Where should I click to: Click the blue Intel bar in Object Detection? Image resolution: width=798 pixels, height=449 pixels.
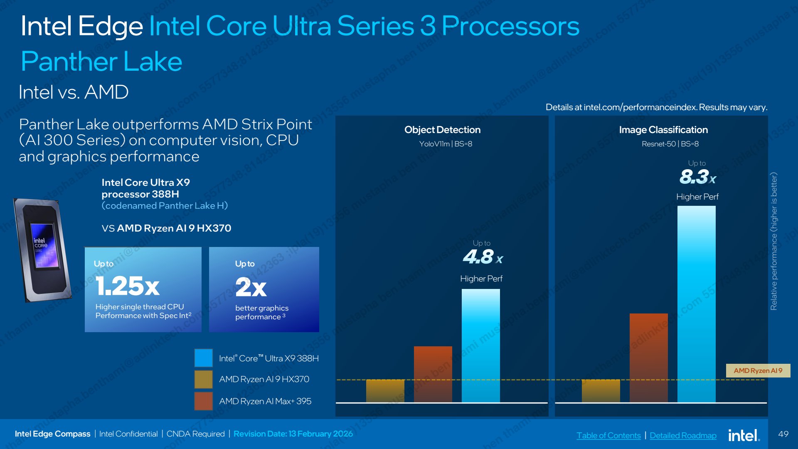[x=481, y=346]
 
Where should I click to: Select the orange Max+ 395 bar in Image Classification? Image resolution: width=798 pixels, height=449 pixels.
[x=649, y=358]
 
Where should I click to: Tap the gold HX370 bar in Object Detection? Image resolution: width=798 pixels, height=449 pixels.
[x=385, y=391]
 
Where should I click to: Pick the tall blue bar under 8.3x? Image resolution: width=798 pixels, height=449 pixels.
[x=697, y=304]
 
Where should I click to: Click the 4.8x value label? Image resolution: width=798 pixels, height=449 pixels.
[x=483, y=257]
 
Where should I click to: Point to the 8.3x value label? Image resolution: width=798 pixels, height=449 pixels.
[x=698, y=177]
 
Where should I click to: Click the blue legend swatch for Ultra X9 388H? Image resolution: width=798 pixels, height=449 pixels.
[x=204, y=358]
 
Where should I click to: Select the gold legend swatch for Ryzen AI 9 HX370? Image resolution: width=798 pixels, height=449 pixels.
[x=204, y=379]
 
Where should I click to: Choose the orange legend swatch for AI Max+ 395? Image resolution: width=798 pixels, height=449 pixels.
[x=204, y=401]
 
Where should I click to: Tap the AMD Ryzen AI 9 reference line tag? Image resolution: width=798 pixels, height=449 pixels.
[x=758, y=370]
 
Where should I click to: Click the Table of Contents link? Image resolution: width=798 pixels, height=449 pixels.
[x=608, y=435]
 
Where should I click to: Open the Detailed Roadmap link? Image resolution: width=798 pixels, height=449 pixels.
[x=683, y=435]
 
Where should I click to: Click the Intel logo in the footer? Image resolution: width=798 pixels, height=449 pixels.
[x=744, y=435]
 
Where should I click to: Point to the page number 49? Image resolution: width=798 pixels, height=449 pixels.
[x=783, y=434]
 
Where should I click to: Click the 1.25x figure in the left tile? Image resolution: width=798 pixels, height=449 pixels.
[x=128, y=286]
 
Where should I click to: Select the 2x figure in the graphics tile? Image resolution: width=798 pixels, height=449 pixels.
[x=251, y=287]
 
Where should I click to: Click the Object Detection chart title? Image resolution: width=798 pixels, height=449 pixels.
[x=442, y=130]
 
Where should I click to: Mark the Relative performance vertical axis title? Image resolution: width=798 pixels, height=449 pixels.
[x=773, y=241]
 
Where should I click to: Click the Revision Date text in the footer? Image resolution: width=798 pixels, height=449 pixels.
[x=293, y=434]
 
